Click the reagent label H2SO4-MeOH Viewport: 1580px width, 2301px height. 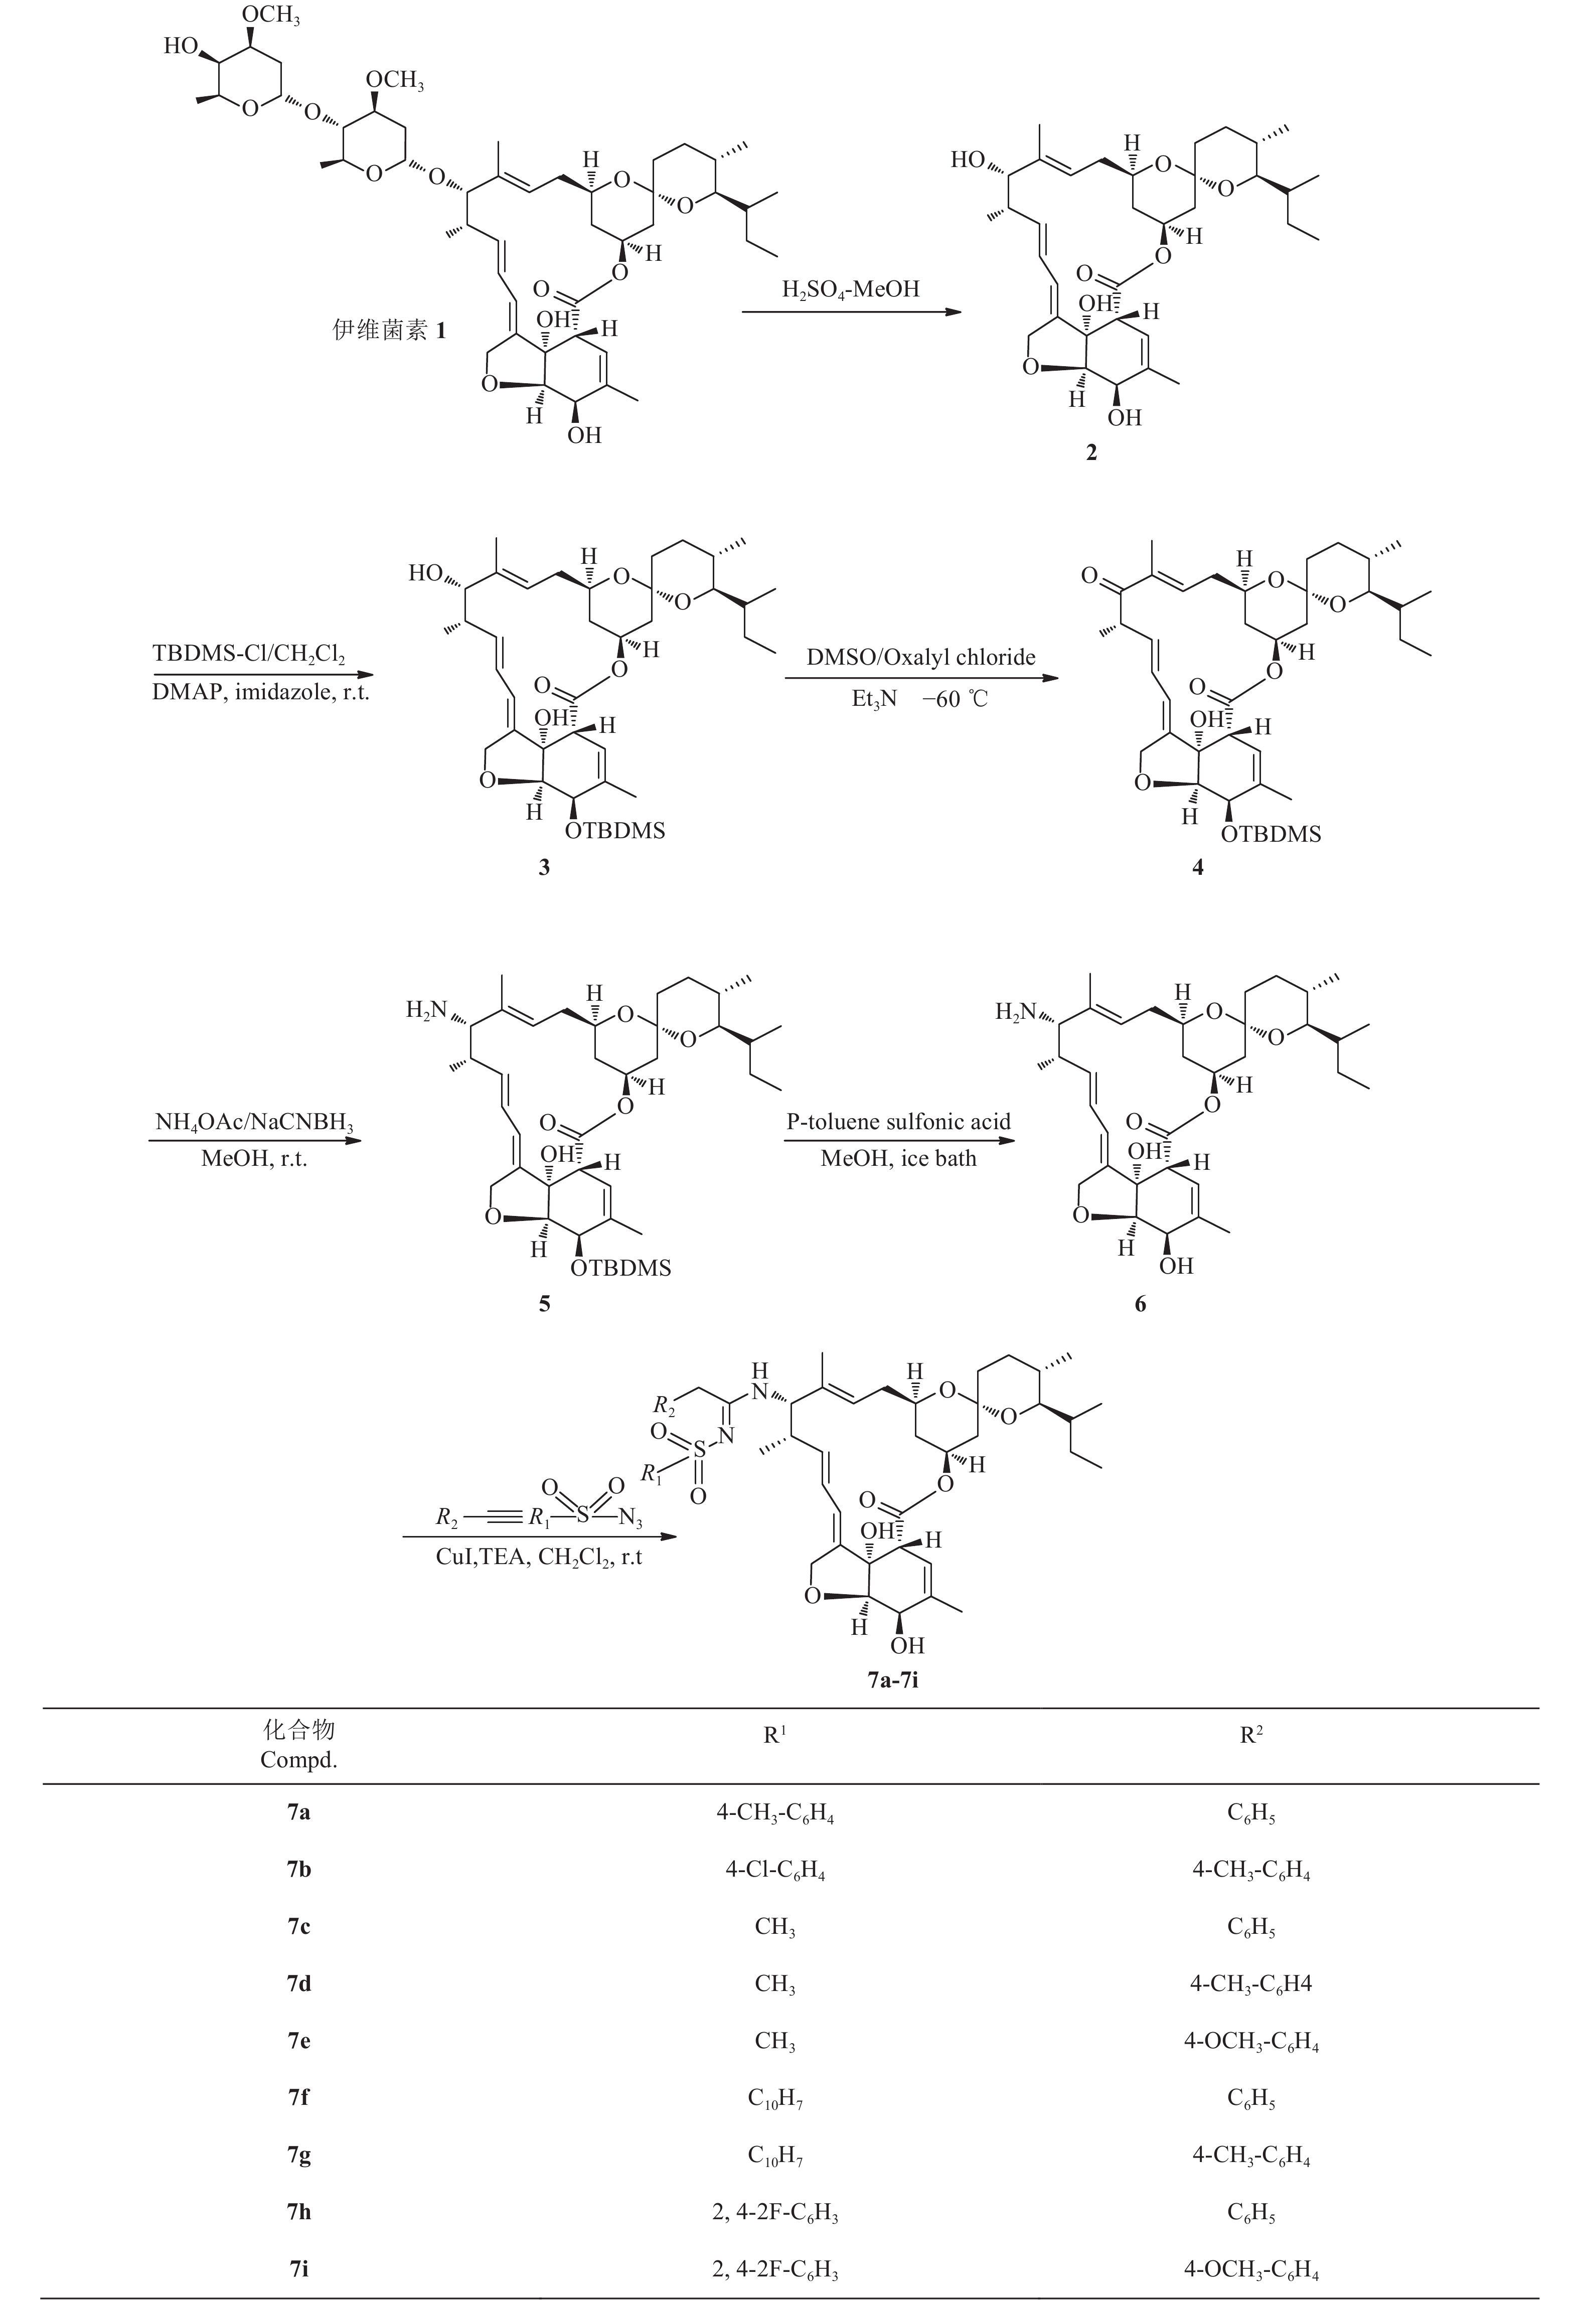pyautogui.click(x=850, y=289)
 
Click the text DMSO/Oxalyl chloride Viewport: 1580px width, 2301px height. pyautogui.click(x=921, y=658)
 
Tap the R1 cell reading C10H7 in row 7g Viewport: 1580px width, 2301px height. pyautogui.click(x=775, y=2155)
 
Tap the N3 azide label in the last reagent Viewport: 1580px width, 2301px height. pyautogui.click(x=630, y=1517)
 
